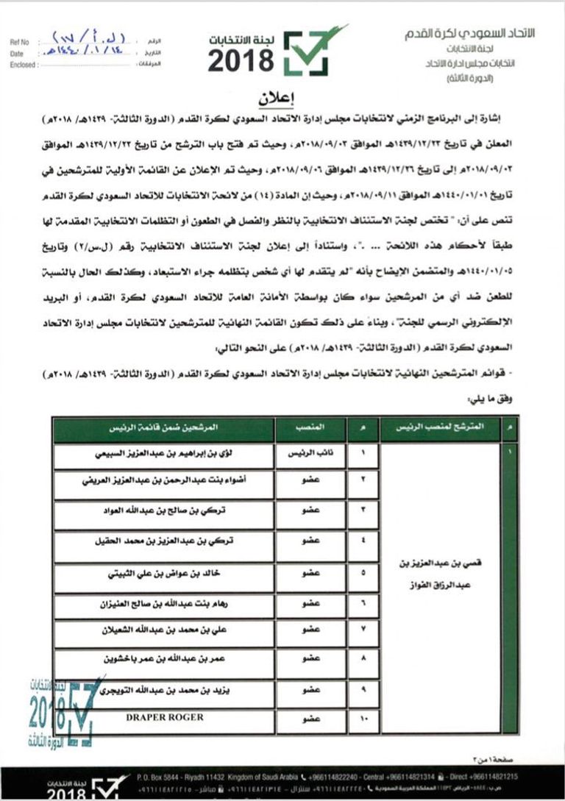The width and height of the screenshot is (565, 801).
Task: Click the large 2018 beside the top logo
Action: click(x=241, y=62)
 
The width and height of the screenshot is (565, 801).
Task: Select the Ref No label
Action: click(x=21, y=43)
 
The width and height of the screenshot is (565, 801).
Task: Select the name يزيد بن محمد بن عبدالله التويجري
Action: click(x=163, y=691)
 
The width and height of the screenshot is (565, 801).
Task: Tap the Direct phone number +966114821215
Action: click(x=522, y=777)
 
